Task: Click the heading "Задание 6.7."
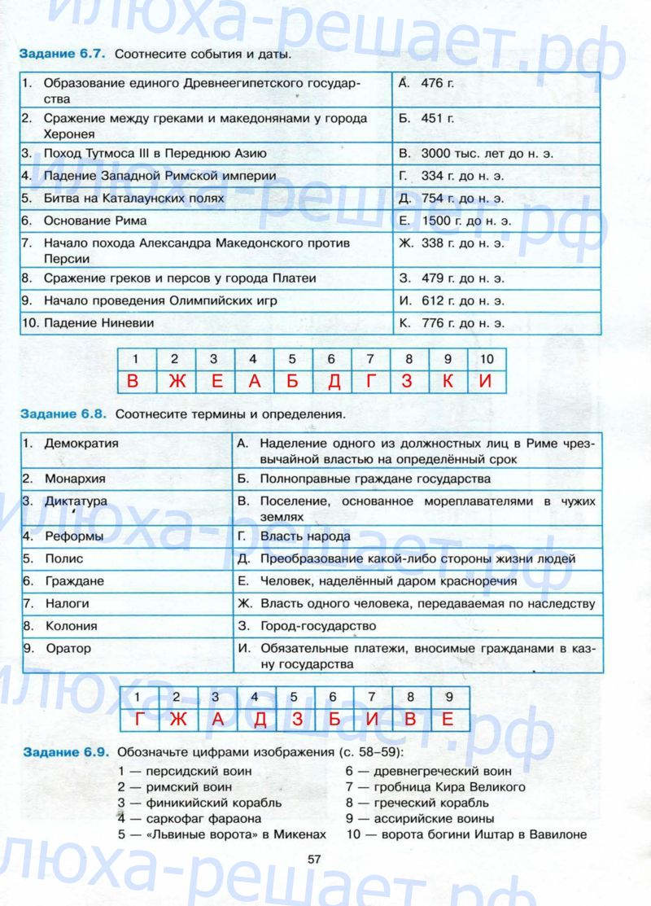pyautogui.click(x=61, y=55)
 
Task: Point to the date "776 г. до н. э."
pyautogui.click(x=463, y=323)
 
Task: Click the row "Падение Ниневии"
pyautogui.click(x=99, y=323)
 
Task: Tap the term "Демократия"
pyautogui.click(x=81, y=444)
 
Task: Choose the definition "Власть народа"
pyautogui.click(x=305, y=536)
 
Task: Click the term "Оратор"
pyautogui.click(x=68, y=649)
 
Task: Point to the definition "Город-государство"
pyautogui.click(x=318, y=627)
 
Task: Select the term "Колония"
pyautogui.click(x=71, y=627)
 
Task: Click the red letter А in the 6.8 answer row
pyautogui.click(x=217, y=720)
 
